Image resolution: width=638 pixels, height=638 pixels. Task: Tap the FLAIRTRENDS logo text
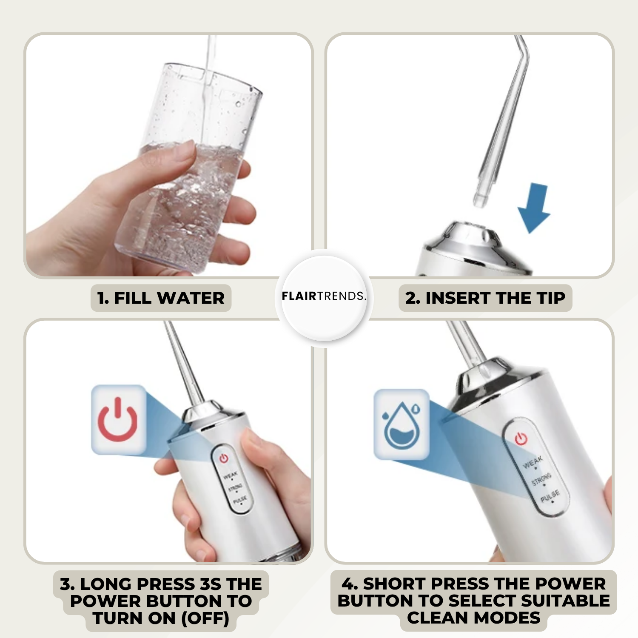pos(324,296)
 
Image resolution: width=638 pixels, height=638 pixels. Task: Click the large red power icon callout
pos(118,419)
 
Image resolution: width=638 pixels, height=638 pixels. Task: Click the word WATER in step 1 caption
pos(191,298)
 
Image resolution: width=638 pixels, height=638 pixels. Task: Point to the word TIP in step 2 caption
pos(551,298)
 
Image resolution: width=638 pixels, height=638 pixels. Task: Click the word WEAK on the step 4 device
pos(533,462)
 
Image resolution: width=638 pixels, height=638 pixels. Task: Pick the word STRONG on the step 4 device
pos(541,479)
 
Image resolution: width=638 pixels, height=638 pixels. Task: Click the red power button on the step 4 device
pos(521,438)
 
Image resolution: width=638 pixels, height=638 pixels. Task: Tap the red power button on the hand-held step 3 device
pos(224,458)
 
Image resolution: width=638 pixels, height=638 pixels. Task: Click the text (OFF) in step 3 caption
pos(205,618)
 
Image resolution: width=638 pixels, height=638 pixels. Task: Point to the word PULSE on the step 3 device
pos(240,500)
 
